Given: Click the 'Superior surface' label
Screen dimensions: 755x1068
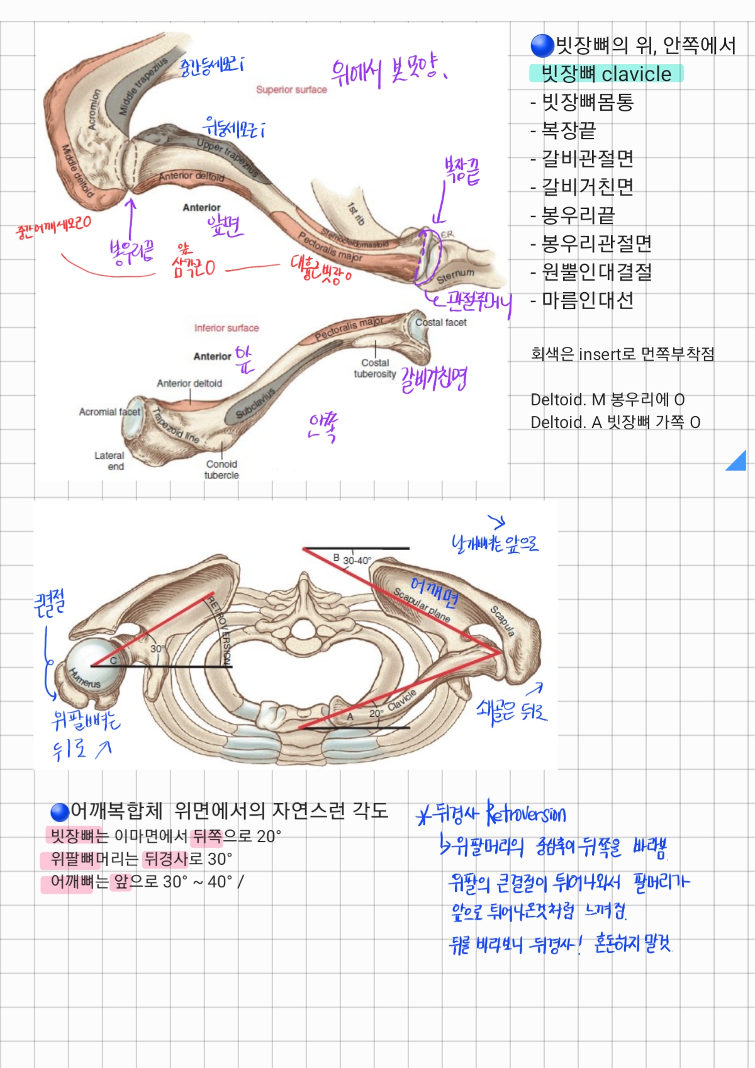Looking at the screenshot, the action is point(291,90).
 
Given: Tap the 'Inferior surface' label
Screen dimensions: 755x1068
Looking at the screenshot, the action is point(226,328).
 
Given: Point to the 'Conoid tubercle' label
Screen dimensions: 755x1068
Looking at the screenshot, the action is point(221,469).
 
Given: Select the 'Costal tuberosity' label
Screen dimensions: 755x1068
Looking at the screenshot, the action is point(375,368).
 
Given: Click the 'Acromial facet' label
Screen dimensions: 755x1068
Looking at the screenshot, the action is point(109,412).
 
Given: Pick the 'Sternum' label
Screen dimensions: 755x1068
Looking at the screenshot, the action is point(456,275).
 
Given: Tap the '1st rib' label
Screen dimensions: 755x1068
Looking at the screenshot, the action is point(356,213).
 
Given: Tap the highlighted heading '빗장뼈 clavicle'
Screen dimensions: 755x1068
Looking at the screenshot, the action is point(606,74).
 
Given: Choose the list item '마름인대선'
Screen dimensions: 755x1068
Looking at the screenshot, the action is point(588,300).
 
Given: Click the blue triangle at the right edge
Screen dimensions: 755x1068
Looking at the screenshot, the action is point(738,462).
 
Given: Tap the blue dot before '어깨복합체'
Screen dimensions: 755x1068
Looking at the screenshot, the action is point(60,812).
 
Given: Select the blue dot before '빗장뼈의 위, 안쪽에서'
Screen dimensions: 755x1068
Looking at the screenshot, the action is point(542,45).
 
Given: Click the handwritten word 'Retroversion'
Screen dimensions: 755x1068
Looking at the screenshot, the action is point(527,814).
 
